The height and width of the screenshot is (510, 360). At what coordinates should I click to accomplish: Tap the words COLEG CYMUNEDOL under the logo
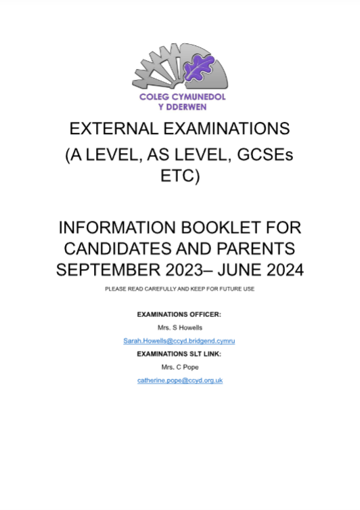(x=179, y=98)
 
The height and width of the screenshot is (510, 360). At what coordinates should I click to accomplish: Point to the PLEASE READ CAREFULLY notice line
(x=179, y=290)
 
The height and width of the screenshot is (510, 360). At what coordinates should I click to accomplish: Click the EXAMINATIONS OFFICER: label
(x=179, y=315)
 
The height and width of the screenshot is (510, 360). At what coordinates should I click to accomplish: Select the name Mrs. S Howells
(x=179, y=328)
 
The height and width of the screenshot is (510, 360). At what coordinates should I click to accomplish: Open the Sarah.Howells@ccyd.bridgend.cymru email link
(x=179, y=341)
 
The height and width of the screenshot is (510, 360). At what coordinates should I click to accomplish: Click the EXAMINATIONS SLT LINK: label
(x=179, y=354)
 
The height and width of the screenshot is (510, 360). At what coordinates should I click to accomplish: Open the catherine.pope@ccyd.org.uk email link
(x=179, y=380)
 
